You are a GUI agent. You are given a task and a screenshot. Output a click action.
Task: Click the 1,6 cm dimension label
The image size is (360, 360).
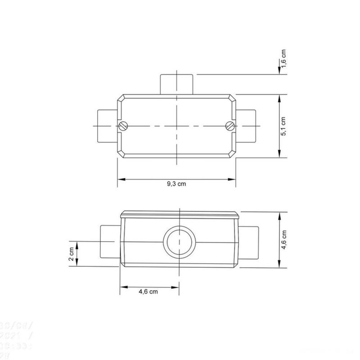pyautogui.click(x=284, y=59)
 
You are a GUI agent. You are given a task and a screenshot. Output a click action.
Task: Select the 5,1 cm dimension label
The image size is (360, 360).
pyautogui.click(x=283, y=126)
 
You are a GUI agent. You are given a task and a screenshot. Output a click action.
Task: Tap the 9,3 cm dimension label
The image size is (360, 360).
pyautogui.click(x=176, y=184)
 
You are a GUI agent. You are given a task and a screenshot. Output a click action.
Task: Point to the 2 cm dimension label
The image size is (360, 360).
pyautogui.click(x=71, y=254)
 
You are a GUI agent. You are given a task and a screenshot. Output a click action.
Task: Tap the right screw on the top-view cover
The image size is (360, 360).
pyautogui.click(x=229, y=126)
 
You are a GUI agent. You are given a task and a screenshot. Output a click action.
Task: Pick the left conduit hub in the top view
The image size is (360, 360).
pyautogui.click(x=107, y=126)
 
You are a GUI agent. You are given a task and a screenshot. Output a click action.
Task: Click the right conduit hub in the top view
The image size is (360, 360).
pyautogui.click(x=246, y=126)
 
